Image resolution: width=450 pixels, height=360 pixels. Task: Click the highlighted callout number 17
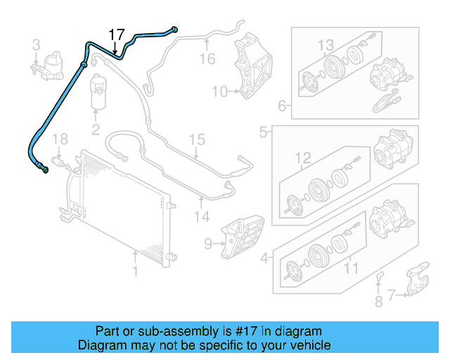click(x=116, y=34)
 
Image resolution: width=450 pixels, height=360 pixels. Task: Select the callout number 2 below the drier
click(x=96, y=129)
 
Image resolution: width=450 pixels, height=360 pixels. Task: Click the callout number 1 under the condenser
click(x=134, y=269)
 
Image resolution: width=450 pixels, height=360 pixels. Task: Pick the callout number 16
click(x=207, y=58)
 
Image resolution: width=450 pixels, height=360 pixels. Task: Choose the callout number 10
click(x=219, y=91)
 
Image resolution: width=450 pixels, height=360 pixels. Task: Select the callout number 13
click(x=326, y=46)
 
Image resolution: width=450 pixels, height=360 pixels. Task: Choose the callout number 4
click(x=264, y=258)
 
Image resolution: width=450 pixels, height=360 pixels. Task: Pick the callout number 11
click(x=349, y=268)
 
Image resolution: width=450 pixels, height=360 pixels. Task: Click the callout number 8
click(x=378, y=302)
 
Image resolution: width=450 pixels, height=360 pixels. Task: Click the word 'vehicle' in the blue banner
click(x=307, y=345)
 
